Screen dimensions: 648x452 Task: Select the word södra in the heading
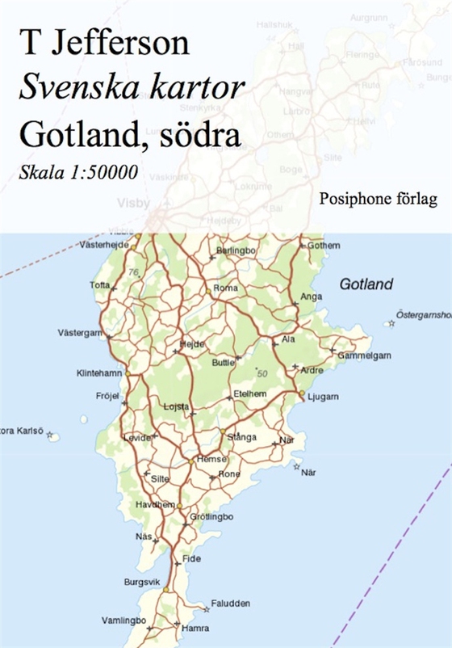(x=202, y=133)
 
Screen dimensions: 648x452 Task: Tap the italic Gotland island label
(x=366, y=284)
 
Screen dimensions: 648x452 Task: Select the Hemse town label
(x=212, y=457)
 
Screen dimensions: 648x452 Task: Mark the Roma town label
(x=225, y=288)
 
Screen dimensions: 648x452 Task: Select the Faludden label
(x=230, y=604)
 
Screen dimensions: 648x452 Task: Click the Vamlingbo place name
(x=123, y=620)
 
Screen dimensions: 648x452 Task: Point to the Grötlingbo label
(x=211, y=516)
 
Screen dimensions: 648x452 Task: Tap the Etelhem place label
(x=249, y=393)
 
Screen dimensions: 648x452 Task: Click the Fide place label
(x=191, y=558)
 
